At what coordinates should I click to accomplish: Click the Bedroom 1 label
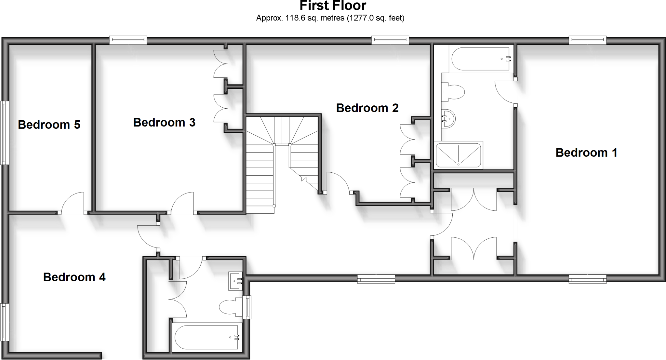[586, 153]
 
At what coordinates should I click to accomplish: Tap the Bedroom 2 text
[367, 108]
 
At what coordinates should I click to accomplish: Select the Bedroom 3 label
[164, 122]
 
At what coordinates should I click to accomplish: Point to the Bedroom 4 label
[74, 277]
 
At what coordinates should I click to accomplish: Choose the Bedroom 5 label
[49, 125]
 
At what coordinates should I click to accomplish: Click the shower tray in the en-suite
[458, 155]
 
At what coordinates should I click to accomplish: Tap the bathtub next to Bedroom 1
[480, 59]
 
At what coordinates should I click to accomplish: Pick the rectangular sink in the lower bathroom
[235, 281]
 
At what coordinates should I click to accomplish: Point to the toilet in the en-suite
[453, 91]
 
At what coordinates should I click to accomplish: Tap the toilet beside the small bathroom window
[231, 307]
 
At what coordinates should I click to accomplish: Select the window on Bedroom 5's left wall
[4, 132]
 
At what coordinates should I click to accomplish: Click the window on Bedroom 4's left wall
[4, 322]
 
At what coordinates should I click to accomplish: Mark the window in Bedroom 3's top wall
[128, 40]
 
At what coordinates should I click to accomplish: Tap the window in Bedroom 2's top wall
[390, 40]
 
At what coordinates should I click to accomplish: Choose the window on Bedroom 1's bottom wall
[588, 279]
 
